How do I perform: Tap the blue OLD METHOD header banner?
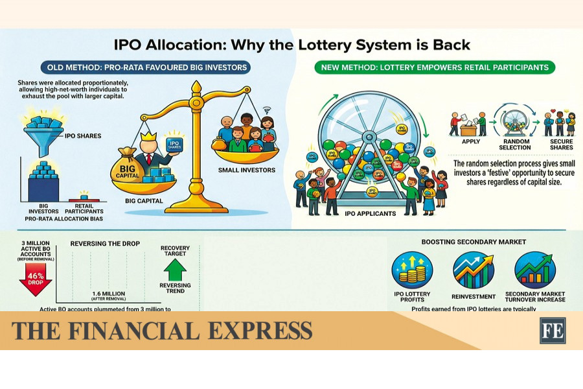[144, 67]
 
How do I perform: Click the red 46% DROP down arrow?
[36, 279]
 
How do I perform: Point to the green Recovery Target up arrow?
[176, 269]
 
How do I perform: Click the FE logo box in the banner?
[553, 330]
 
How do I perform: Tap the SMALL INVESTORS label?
[248, 171]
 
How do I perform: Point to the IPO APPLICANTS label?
[371, 213]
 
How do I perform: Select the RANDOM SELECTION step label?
[516, 144]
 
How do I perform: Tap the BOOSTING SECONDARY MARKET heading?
[474, 242]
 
